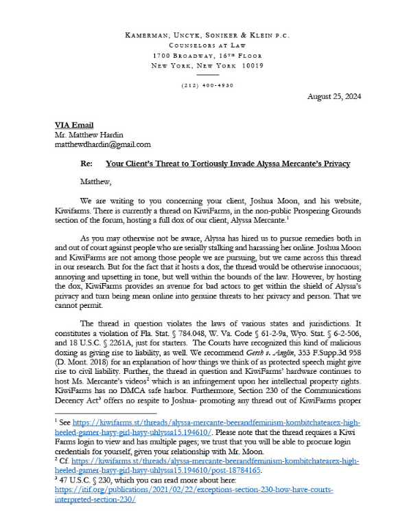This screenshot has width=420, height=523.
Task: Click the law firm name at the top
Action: [209, 35]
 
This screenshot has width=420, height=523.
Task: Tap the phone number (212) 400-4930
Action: [209, 85]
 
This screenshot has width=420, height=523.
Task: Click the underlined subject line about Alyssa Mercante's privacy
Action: [228, 164]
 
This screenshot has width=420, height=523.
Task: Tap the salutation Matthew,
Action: [97, 183]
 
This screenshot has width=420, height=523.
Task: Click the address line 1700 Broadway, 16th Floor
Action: [209, 55]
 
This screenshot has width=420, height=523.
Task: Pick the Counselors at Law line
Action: [209, 45]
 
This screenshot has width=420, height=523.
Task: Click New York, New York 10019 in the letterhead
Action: [209, 65]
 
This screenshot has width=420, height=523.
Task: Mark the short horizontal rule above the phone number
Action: [209, 74]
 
